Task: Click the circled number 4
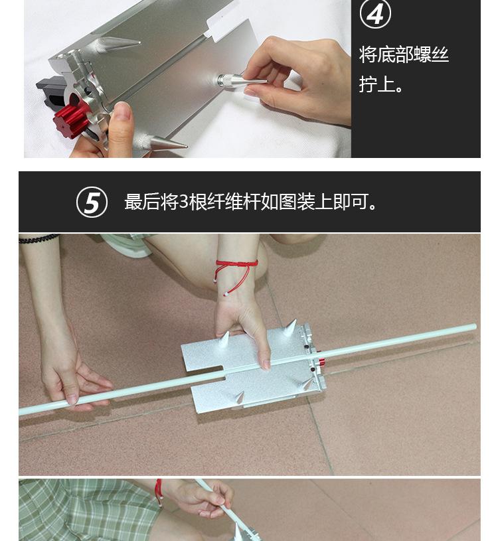pyautogui.click(x=375, y=14)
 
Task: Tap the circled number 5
pyautogui.click(x=92, y=202)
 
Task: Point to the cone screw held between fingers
pyautogui.click(x=242, y=82)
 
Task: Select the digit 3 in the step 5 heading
pyautogui.click(x=184, y=202)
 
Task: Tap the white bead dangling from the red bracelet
pyautogui.click(x=226, y=294)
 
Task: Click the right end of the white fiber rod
pyautogui.click(x=475, y=327)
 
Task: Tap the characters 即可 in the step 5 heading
pyautogui.click(x=351, y=202)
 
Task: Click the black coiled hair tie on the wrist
pyautogui.click(x=38, y=238)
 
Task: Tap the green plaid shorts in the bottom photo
pyautogui.click(x=86, y=510)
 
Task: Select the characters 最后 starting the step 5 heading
pyautogui.click(x=142, y=202)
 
